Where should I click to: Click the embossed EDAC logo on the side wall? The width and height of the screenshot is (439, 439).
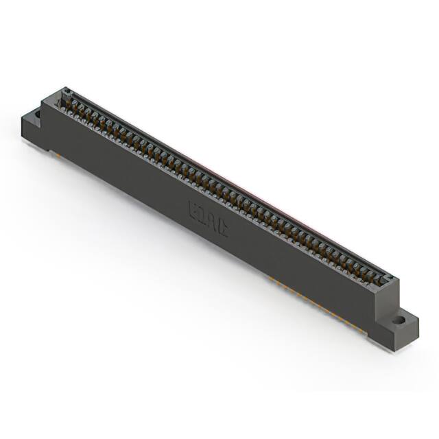coord(209,219)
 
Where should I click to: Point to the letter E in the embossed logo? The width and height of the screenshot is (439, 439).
coord(194,209)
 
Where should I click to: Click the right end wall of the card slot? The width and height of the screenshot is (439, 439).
coord(390,279)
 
